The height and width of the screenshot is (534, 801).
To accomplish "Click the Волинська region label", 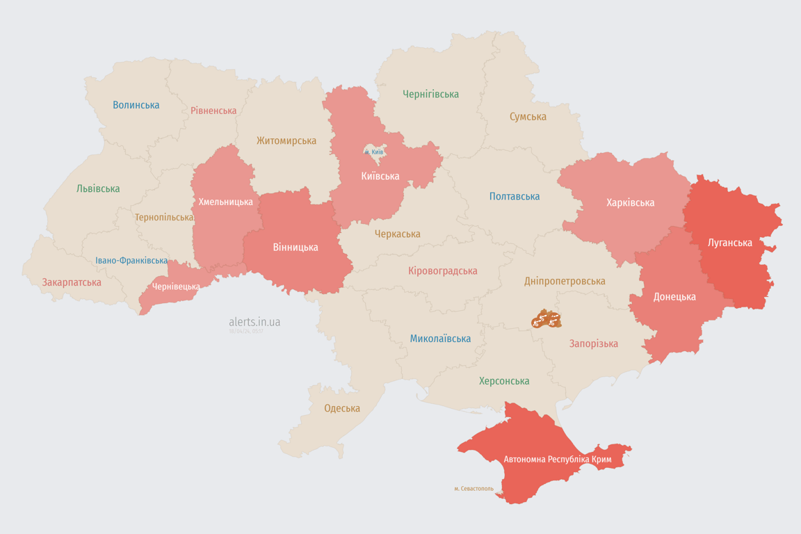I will pyautogui.click(x=136, y=105).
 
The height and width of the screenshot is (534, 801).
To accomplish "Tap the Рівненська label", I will pyautogui.click(x=213, y=111).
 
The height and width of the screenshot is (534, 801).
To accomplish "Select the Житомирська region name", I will pyautogui.click(x=286, y=140).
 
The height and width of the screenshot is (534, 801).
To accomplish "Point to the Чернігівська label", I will pyautogui.click(x=430, y=94).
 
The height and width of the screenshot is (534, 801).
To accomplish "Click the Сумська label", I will pyautogui.click(x=528, y=117).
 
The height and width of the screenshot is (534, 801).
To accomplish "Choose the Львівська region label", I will pyautogui.click(x=98, y=188).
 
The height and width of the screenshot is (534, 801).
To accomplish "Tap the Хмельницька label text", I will pyautogui.click(x=226, y=202).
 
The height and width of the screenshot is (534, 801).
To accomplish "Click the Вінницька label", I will pyautogui.click(x=296, y=248).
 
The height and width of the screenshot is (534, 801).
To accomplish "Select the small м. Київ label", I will pyautogui.click(x=373, y=152).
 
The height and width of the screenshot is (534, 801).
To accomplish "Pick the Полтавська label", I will pyautogui.click(x=515, y=196).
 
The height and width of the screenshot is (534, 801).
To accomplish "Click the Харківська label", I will pyautogui.click(x=630, y=203).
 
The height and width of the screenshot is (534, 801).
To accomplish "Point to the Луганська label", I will pyautogui.click(x=729, y=243).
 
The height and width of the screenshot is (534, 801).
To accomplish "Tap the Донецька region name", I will pyautogui.click(x=674, y=297).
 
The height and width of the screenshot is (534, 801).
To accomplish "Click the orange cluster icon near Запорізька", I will pyautogui.click(x=546, y=319).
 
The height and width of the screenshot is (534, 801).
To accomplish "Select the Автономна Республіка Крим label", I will pyautogui.click(x=558, y=460).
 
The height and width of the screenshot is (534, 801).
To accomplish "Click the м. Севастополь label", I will pyautogui.click(x=474, y=489).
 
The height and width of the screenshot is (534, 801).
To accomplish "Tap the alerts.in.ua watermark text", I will pyautogui.click(x=254, y=322).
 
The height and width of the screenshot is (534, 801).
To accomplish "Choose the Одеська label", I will pyautogui.click(x=342, y=408).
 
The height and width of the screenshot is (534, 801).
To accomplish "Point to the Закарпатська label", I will pyautogui.click(x=72, y=282).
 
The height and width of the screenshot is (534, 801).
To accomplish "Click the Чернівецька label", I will pyautogui.click(x=176, y=286).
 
